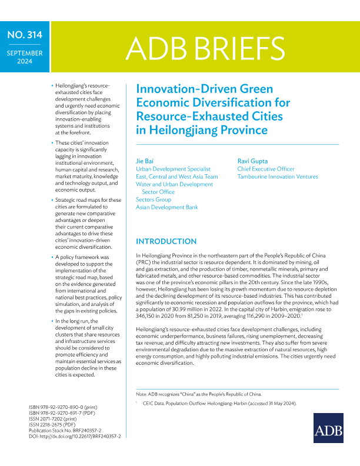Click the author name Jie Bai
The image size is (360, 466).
pos(145,161)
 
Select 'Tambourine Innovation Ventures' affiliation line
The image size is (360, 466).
pos(277,177)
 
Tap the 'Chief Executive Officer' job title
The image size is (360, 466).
pos(265,169)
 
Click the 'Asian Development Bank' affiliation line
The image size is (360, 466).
pos(166,207)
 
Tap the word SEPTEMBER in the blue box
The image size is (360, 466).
pos(24,53)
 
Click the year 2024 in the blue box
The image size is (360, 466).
pos(24,61)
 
